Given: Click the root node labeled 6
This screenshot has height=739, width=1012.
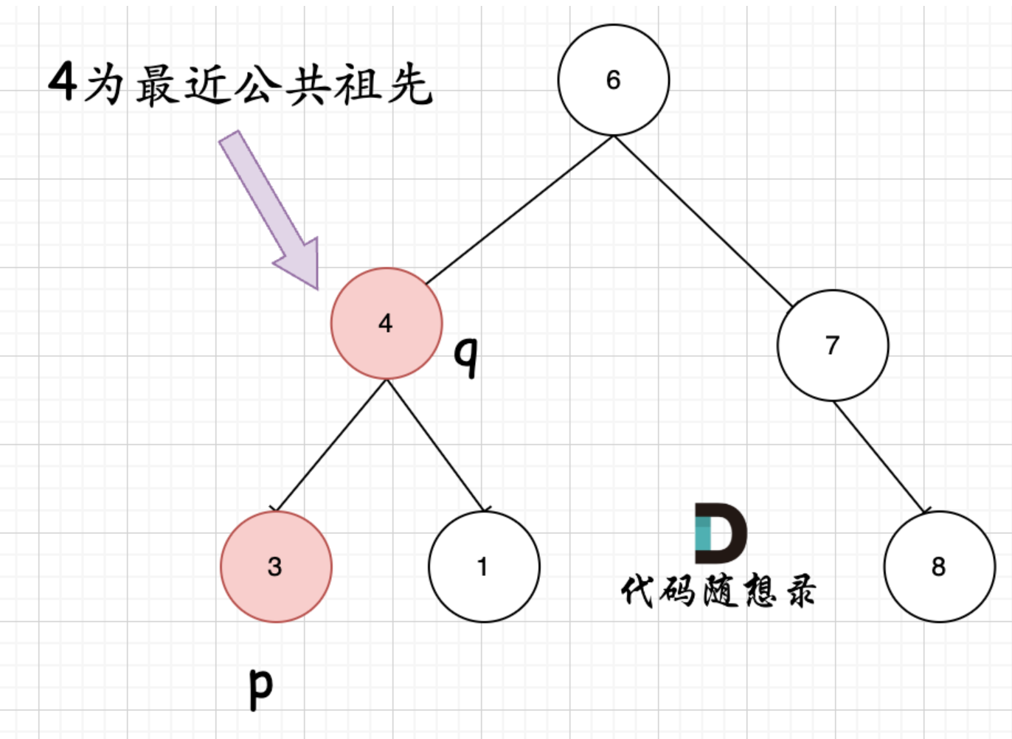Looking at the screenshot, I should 613,80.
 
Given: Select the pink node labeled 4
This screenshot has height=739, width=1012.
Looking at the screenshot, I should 386,323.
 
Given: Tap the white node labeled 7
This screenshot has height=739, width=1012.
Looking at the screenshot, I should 832,345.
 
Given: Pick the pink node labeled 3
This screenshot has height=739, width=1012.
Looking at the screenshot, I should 276,566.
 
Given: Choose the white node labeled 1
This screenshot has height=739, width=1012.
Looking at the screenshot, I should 483,566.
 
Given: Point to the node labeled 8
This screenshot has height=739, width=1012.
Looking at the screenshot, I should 938,566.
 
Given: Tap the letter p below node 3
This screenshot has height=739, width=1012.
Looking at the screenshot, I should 260,687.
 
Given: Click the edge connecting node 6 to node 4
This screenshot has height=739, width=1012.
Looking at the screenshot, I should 519,210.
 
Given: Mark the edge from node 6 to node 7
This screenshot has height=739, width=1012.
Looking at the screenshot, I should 702,220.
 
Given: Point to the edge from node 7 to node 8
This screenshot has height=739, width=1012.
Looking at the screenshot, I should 879,457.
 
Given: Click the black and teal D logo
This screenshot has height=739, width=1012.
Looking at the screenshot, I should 720,532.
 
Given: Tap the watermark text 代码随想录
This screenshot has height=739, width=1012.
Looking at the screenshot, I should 718,591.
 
